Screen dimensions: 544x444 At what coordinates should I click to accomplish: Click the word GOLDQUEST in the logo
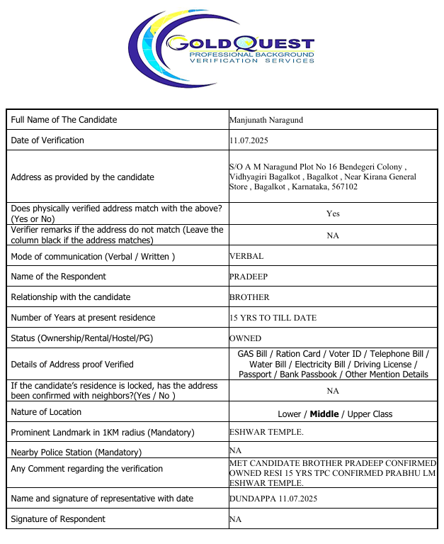(241, 44)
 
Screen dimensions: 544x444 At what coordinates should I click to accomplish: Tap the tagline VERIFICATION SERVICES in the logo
(251, 61)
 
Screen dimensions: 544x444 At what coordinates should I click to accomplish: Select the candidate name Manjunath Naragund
(266, 120)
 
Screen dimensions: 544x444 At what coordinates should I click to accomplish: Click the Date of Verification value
(249, 140)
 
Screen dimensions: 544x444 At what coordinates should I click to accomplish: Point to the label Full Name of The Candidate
(64, 120)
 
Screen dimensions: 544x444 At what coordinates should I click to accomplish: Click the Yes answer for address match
(333, 213)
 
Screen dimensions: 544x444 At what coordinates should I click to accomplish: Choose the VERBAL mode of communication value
(247, 256)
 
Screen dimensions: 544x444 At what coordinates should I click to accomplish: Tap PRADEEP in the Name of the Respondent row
(247, 277)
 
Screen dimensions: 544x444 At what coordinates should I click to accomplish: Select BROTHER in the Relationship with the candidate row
(249, 297)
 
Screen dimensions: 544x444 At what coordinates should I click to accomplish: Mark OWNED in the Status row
(245, 338)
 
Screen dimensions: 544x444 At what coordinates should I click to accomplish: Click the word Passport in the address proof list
(256, 374)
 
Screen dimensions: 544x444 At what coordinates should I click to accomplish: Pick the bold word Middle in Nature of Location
(325, 413)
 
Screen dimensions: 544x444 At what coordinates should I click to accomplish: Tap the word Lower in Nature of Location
(290, 413)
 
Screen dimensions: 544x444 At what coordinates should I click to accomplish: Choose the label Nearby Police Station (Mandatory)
(76, 452)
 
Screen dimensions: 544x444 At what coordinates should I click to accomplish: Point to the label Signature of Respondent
(58, 519)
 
